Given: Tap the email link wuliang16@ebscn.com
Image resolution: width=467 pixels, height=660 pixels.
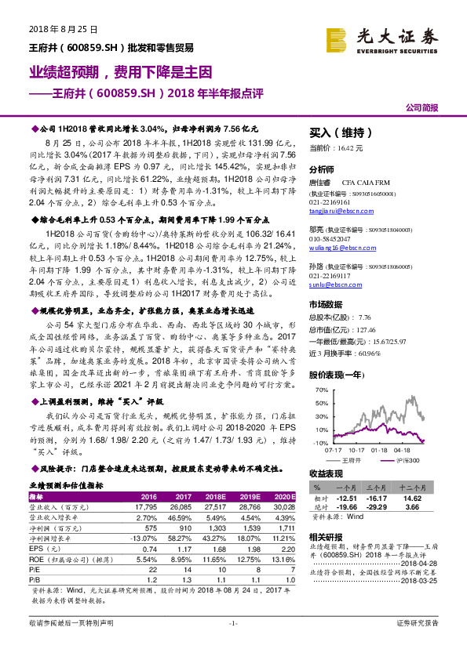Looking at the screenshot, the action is [338, 246].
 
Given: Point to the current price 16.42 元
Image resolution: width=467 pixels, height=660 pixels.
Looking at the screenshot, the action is [336, 147].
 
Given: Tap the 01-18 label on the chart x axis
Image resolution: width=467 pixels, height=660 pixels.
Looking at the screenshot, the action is [379, 450].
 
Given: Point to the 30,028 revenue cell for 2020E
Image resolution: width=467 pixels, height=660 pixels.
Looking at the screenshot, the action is [284, 507].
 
